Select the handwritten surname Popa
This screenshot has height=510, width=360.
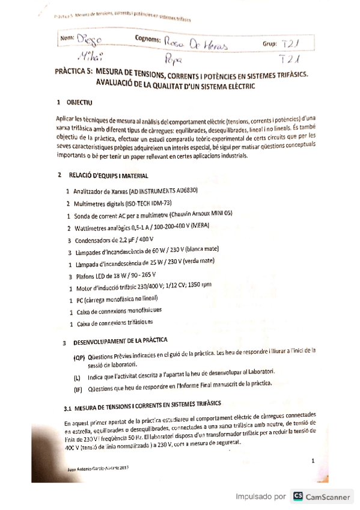point(172,60)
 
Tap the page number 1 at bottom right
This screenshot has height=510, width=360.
point(313,461)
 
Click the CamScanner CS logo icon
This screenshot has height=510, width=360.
point(297,496)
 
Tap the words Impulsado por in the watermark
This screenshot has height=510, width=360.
point(260,497)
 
